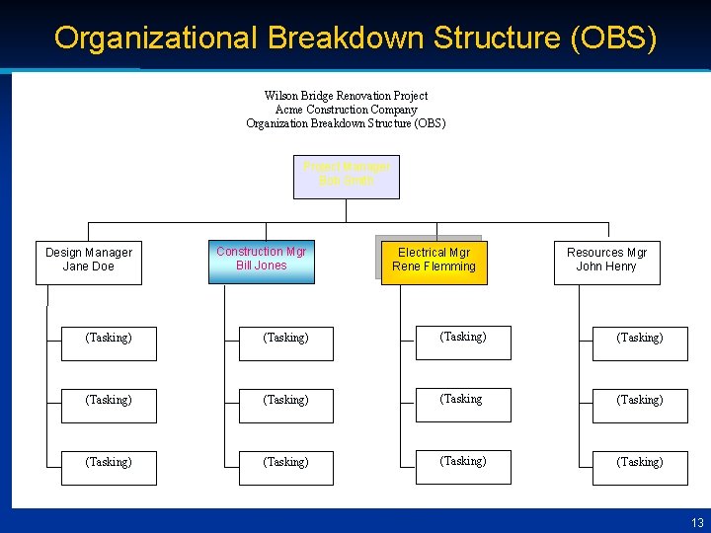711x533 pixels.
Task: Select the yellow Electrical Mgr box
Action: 434,261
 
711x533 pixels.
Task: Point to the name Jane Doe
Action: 89,266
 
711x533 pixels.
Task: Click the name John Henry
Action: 606,266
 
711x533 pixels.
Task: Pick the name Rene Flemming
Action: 434,266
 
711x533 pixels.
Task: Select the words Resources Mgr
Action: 606,253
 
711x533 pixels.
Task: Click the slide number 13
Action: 698,522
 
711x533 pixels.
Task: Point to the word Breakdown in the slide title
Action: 346,38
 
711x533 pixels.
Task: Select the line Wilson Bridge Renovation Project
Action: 346,96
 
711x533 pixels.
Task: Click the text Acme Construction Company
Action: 346,110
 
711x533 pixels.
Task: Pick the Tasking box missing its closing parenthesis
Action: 463,404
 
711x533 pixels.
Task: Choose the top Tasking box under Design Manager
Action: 109,343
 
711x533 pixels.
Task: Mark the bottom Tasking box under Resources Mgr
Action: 639,467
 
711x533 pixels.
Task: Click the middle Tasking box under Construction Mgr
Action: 286,405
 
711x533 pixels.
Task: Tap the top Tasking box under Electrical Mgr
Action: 463,342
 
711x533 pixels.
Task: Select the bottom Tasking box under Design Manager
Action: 109,467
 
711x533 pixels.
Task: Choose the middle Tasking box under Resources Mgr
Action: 639,405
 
